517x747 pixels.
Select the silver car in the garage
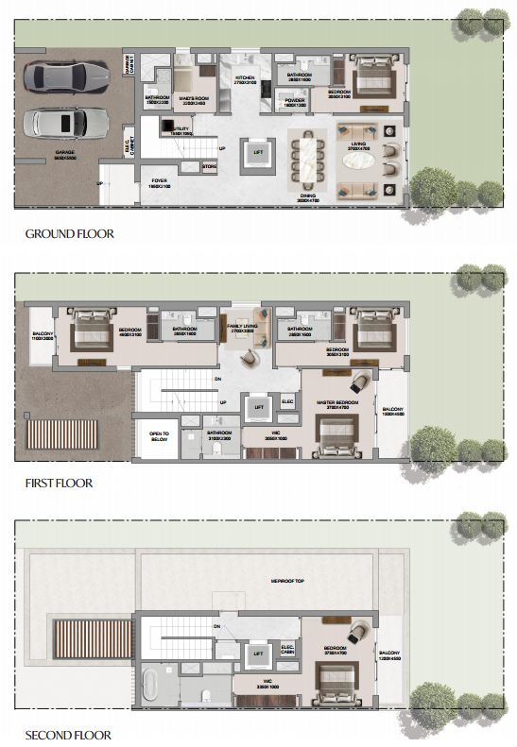63,122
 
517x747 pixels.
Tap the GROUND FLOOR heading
69,233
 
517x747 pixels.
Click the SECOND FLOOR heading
68,734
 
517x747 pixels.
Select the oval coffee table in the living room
358,162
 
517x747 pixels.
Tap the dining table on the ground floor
308,160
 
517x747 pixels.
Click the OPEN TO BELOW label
158,437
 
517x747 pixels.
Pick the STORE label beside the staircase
209,167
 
